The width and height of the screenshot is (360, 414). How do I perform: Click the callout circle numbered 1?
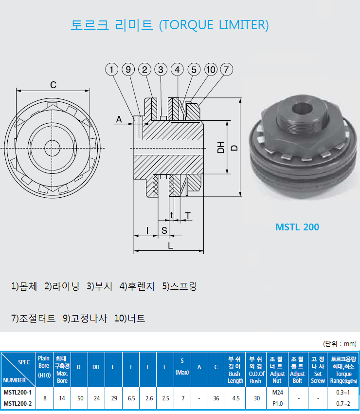pyautogui.click(x=112, y=70)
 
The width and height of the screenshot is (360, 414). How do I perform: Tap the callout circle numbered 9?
pyautogui.click(x=128, y=70)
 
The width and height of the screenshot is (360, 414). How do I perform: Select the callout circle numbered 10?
pyautogui.click(x=210, y=70)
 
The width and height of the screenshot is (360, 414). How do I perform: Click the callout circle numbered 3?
pyautogui.click(x=161, y=70)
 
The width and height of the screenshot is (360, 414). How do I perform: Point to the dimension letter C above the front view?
pyautogui.click(x=53, y=85)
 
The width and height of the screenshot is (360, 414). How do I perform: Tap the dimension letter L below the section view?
pyautogui.click(x=170, y=246)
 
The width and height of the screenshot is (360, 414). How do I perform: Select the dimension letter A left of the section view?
pyautogui.click(x=118, y=119)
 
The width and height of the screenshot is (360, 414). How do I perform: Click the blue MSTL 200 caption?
pyautogui.click(x=297, y=227)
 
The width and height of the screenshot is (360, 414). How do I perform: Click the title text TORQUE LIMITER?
pyautogui.click(x=214, y=24)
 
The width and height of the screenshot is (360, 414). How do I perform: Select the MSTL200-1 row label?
pyautogui.click(x=18, y=392)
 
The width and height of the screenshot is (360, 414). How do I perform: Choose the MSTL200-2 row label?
pyautogui.click(x=18, y=403)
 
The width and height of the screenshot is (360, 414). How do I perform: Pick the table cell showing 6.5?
pyautogui.click(x=131, y=398)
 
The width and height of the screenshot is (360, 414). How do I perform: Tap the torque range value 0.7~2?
pyautogui.click(x=342, y=403)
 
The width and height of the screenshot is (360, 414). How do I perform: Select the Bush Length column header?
pyautogui.click(x=235, y=370)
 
